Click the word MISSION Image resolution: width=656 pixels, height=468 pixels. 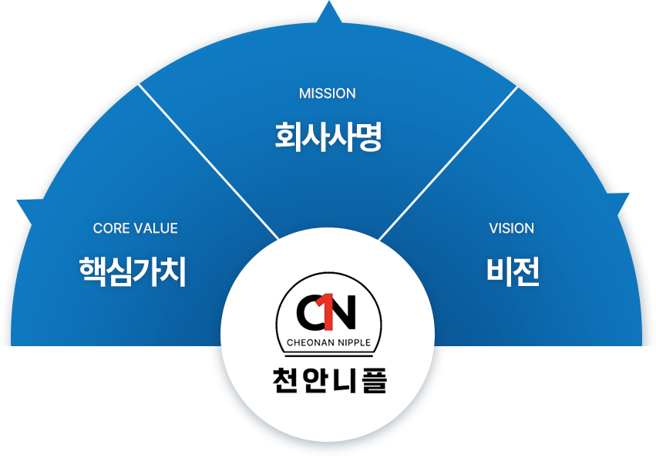click(327, 93)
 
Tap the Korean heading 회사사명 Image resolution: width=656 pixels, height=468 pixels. click(328, 138)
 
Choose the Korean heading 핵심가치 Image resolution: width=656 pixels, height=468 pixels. click(133, 272)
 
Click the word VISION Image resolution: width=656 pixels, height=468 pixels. click(511, 228)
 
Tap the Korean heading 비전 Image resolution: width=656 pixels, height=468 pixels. click(512, 272)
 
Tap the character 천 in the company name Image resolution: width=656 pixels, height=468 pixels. click(285, 379)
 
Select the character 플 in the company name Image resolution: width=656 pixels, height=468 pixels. click(372, 379)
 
